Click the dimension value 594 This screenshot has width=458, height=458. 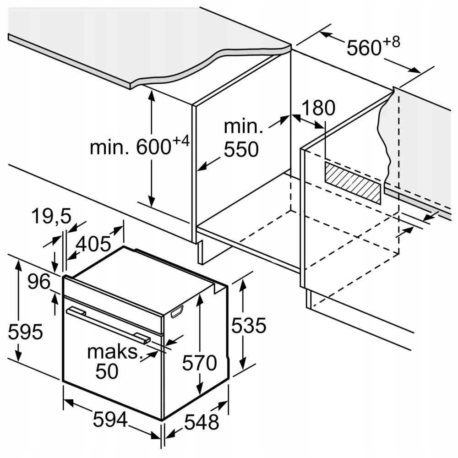(110, 420)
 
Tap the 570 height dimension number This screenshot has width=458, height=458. (199, 363)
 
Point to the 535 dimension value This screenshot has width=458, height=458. (248, 326)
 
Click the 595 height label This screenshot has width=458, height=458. (26, 332)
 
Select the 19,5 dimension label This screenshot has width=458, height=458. (51, 217)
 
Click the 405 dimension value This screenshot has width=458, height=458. (93, 244)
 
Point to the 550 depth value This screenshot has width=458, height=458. (241, 149)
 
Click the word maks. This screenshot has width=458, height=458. (113, 352)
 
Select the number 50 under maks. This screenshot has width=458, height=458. (107, 371)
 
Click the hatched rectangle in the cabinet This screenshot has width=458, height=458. (353, 182)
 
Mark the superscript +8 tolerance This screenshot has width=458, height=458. (392, 42)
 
